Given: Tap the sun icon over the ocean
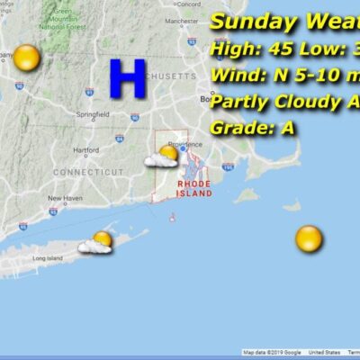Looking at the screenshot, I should [309, 238].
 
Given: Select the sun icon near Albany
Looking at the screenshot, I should [27, 58].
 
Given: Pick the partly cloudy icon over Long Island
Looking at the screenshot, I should [97, 242].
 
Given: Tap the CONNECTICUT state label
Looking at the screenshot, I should [88, 171].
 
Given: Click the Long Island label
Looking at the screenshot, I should [46, 258].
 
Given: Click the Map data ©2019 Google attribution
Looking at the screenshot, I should [272, 352].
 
